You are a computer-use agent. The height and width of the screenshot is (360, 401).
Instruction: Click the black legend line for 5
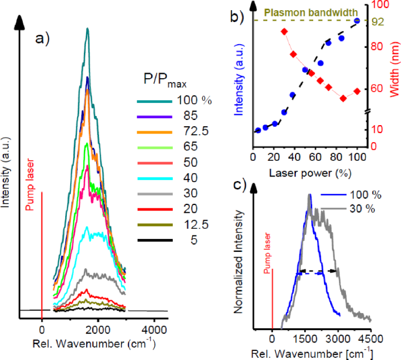(153, 240)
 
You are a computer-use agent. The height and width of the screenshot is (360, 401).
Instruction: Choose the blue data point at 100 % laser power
(357, 21)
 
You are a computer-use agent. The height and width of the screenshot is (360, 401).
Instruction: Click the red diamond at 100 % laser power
(357, 91)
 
